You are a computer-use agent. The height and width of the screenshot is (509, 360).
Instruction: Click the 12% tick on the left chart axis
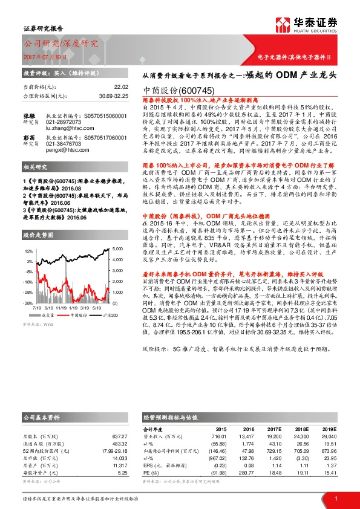point(28,250)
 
